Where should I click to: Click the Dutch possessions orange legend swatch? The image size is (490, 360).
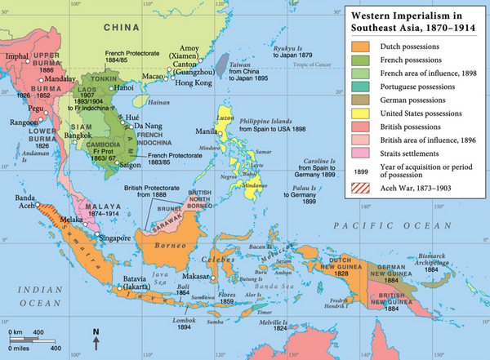click(360, 48)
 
